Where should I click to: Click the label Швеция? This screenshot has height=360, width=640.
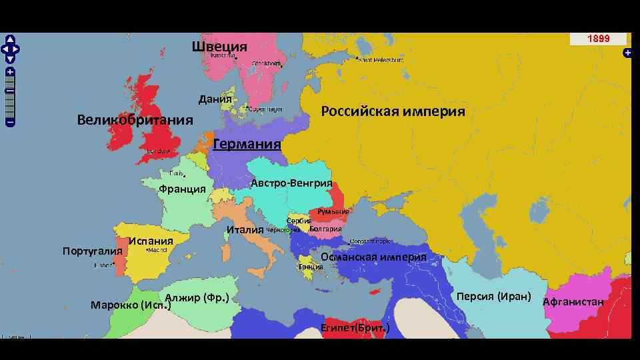(219, 47)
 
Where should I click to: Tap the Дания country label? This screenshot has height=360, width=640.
(215, 100)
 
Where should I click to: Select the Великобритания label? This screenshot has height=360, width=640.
(135, 120)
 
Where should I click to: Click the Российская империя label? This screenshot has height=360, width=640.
(393, 111)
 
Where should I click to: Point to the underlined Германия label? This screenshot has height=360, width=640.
(247, 145)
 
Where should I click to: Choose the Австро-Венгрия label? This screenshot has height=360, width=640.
(292, 183)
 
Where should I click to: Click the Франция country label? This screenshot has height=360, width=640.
(182, 189)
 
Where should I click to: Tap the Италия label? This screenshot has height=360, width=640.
(245, 230)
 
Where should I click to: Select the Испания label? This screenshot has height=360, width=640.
(151, 241)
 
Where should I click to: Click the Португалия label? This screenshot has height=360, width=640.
(93, 251)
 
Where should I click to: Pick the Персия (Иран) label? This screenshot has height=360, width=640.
(494, 295)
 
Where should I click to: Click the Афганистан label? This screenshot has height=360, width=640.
(573, 301)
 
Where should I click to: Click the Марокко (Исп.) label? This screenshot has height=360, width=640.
(131, 305)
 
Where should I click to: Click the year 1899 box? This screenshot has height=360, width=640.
(598, 39)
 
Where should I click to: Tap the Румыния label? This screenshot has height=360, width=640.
(333, 211)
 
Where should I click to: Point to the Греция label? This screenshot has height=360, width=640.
(311, 267)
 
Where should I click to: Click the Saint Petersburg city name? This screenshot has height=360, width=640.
(382, 60)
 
